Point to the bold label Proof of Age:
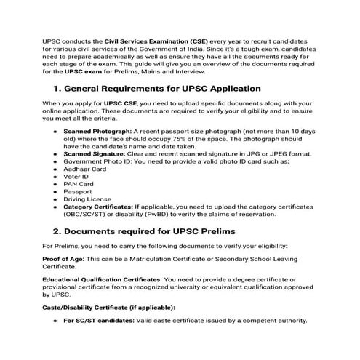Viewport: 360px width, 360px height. click(x=64, y=260)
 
